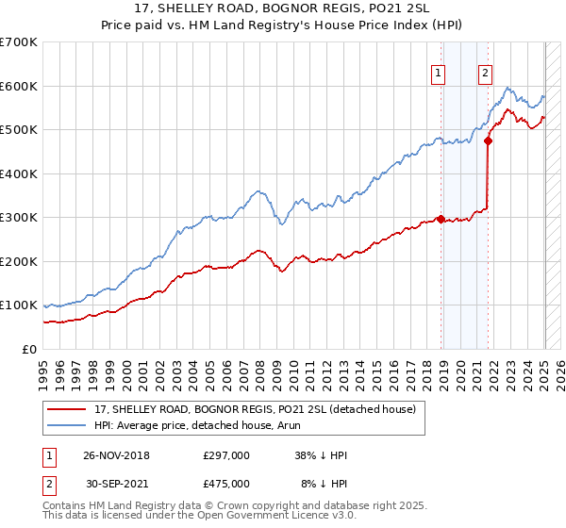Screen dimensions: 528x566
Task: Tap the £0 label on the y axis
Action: click(28, 349)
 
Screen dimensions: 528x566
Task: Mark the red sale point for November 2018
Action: click(441, 220)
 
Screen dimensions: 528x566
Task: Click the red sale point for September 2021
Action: click(488, 141)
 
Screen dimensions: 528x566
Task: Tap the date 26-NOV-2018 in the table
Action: click(117, 455)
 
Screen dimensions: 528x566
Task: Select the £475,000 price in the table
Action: click(226, 484)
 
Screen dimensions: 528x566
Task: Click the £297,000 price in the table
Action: click(226, 455)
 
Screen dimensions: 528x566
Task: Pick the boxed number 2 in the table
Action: click(50, 484)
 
